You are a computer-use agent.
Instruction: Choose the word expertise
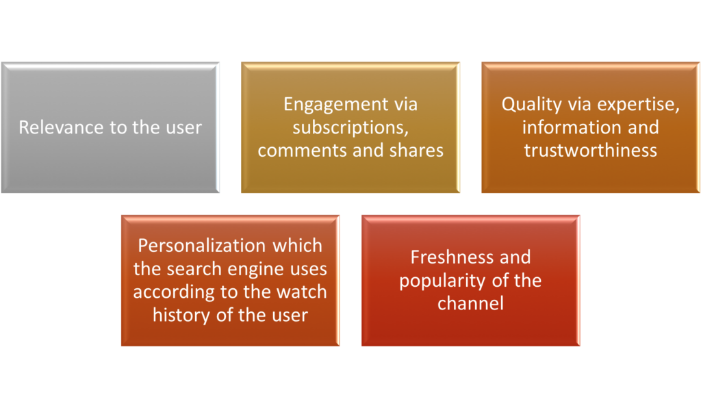point(639,105)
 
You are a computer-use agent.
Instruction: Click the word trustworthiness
point(591,151)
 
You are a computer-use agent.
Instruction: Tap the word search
point(196,269)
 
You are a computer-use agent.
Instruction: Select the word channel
point(470,304)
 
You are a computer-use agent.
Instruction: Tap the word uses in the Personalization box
point(309,270)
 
